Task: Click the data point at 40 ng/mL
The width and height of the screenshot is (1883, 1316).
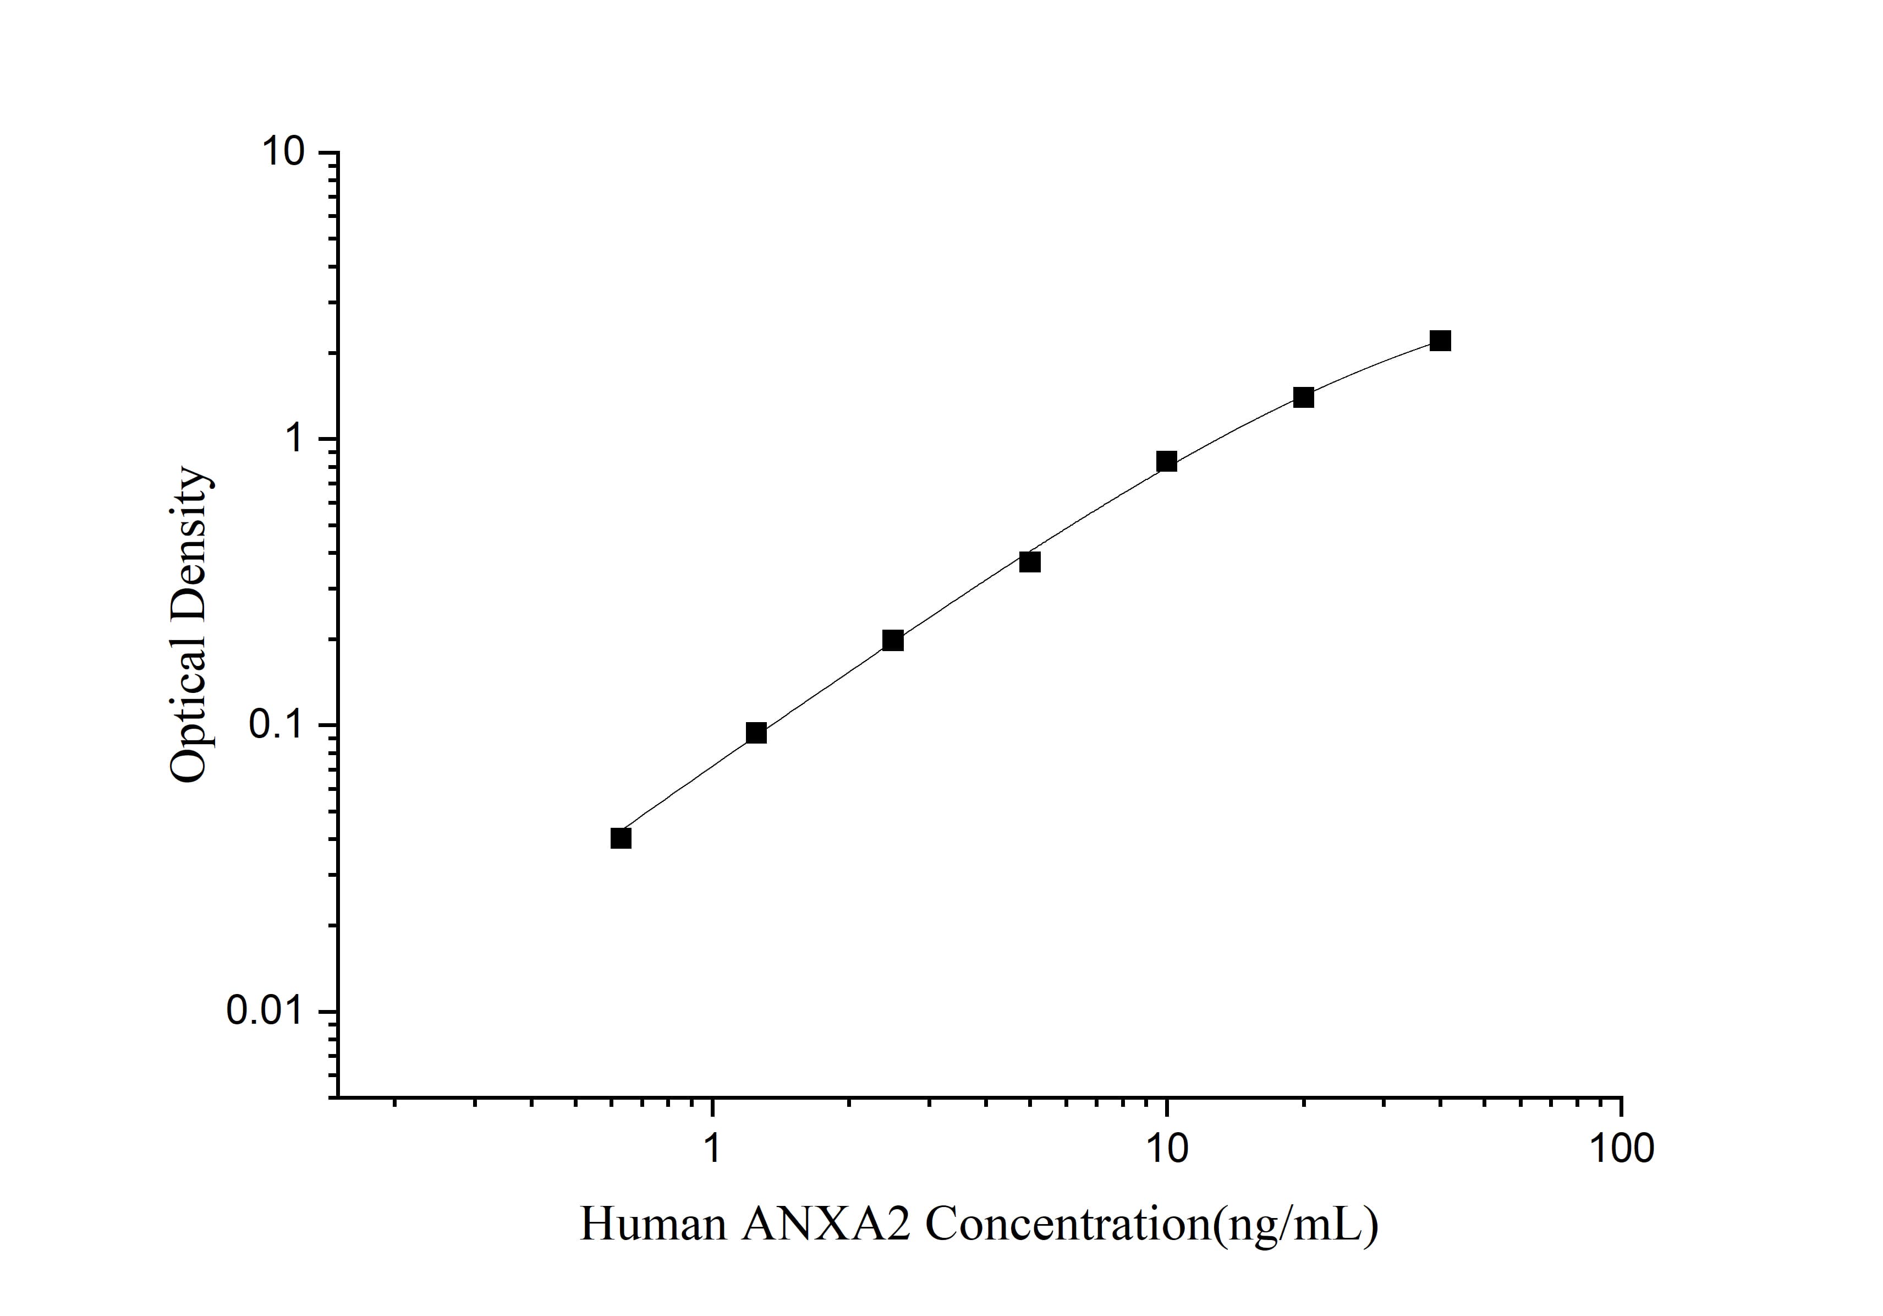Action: (1440, 341)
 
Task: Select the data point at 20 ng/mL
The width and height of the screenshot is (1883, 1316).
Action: (1303, 397)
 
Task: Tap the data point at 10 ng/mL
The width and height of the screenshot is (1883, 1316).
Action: (1166, 461)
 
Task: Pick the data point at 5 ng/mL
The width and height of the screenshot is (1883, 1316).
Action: (1030, 562)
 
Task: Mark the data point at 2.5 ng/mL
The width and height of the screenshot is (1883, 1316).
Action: (893, 640)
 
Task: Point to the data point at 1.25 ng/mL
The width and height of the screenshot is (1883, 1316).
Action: (756, 733)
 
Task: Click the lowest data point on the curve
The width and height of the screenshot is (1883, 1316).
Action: (621, 838)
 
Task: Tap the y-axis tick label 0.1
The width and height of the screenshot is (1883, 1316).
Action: (273, 725)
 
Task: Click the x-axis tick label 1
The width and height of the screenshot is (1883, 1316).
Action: (711, 1149)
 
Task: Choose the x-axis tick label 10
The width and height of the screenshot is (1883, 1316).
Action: (1166, 1149)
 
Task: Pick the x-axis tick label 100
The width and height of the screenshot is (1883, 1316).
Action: (1621, 1149)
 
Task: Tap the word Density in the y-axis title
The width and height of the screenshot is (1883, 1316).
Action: (189, 542)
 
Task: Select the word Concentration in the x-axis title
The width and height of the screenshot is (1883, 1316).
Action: (1066, 1225)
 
